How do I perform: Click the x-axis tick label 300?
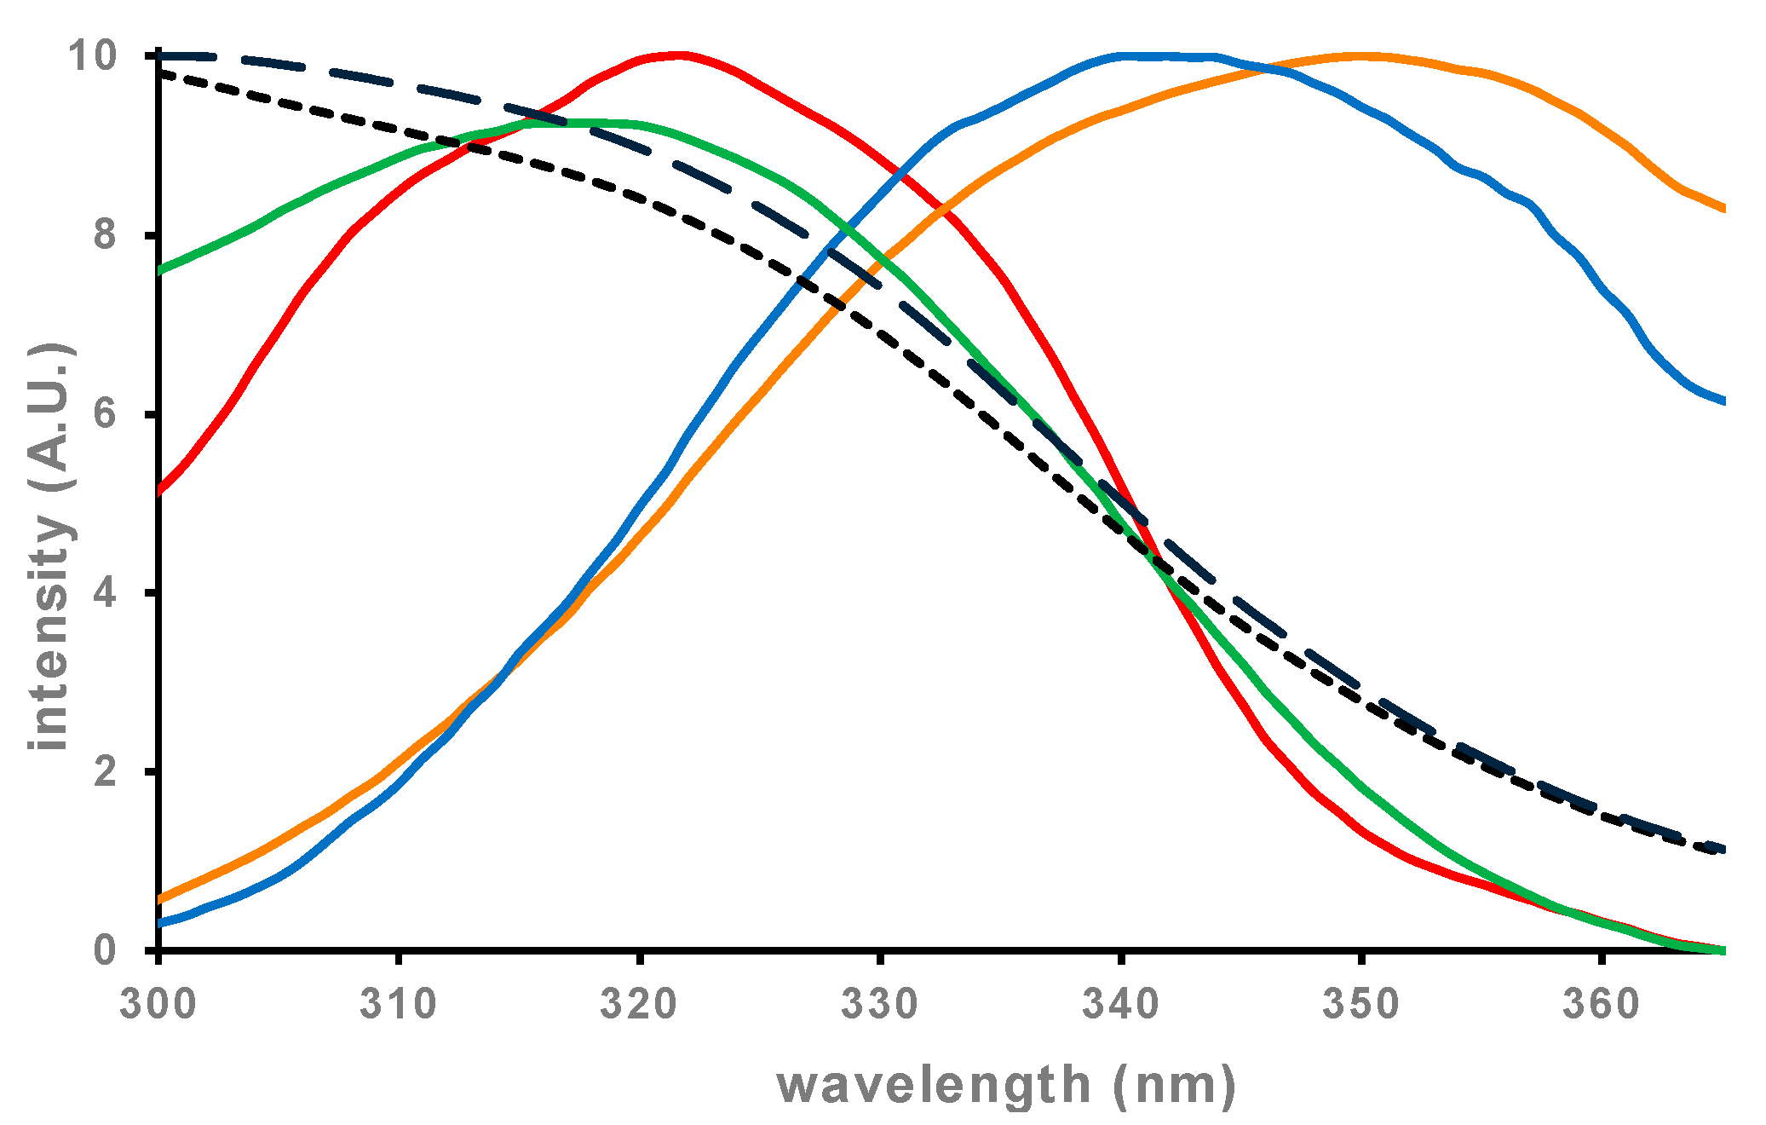tap(158, 1004)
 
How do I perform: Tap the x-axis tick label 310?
tap(398, 1004)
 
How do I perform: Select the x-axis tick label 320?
tap(639, 1004)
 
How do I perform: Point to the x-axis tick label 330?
tap(880, 1004)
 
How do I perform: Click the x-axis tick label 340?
tap(1121, 1004)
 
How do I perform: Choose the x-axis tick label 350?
tap(1361, 1004)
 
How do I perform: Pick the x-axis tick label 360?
tap(1602, 1004)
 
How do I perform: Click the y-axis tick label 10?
tap(92, 56)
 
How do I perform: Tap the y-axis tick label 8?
tap(105, 235)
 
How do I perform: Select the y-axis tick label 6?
tap(105, 414)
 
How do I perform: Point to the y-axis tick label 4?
tap(105, 593)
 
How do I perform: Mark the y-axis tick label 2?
tap(105, 771)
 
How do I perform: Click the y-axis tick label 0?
tap(105, 950)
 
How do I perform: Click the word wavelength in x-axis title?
tap(934, 1086)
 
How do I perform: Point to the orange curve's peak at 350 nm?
tap(1361, 56)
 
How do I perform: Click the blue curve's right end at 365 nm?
tap(1723, 401)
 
